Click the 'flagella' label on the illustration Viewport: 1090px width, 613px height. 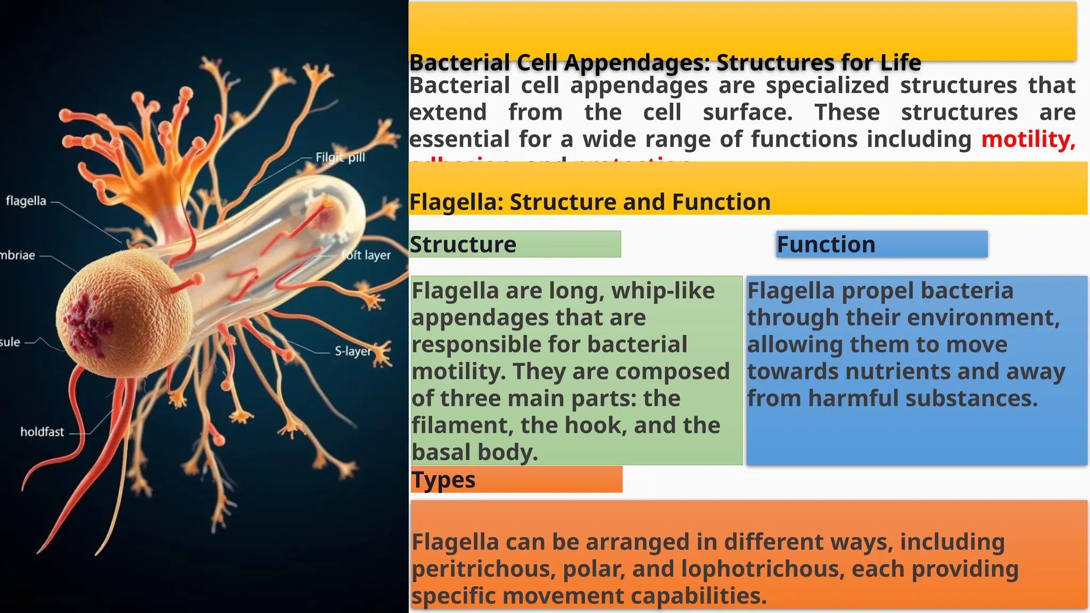[x=26, y=201]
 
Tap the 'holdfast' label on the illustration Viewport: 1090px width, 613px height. [x=42, y=432]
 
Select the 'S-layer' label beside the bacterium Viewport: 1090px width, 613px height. [x=353, y=351]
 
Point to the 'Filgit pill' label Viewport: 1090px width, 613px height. [x=340, y=158]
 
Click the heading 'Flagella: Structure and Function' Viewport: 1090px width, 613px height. [x=590, y=202]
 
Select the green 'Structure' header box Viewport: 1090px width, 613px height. [x=515, y=244]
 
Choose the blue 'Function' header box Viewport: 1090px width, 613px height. [x=881, y=244]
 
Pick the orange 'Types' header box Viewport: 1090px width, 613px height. [x=516, y=479]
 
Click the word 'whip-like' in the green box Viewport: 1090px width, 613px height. [x=663, y=291]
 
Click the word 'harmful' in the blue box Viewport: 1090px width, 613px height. [x=842, y=399]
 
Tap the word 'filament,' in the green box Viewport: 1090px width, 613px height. [x=463, y=426]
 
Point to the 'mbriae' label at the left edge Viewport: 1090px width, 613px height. [x=18, y=255]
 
